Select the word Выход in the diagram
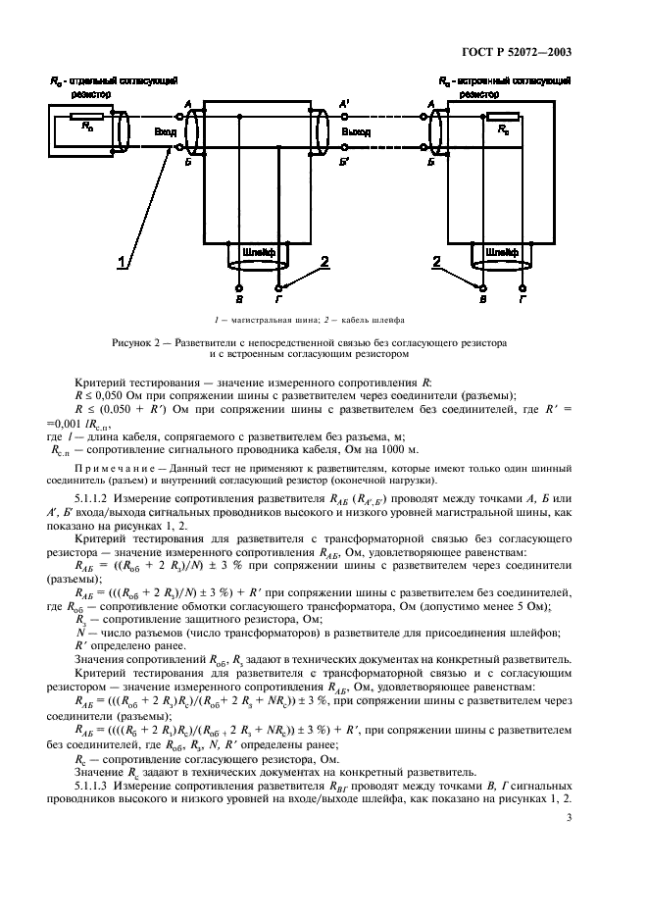[356, 129]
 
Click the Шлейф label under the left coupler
[259, 252]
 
